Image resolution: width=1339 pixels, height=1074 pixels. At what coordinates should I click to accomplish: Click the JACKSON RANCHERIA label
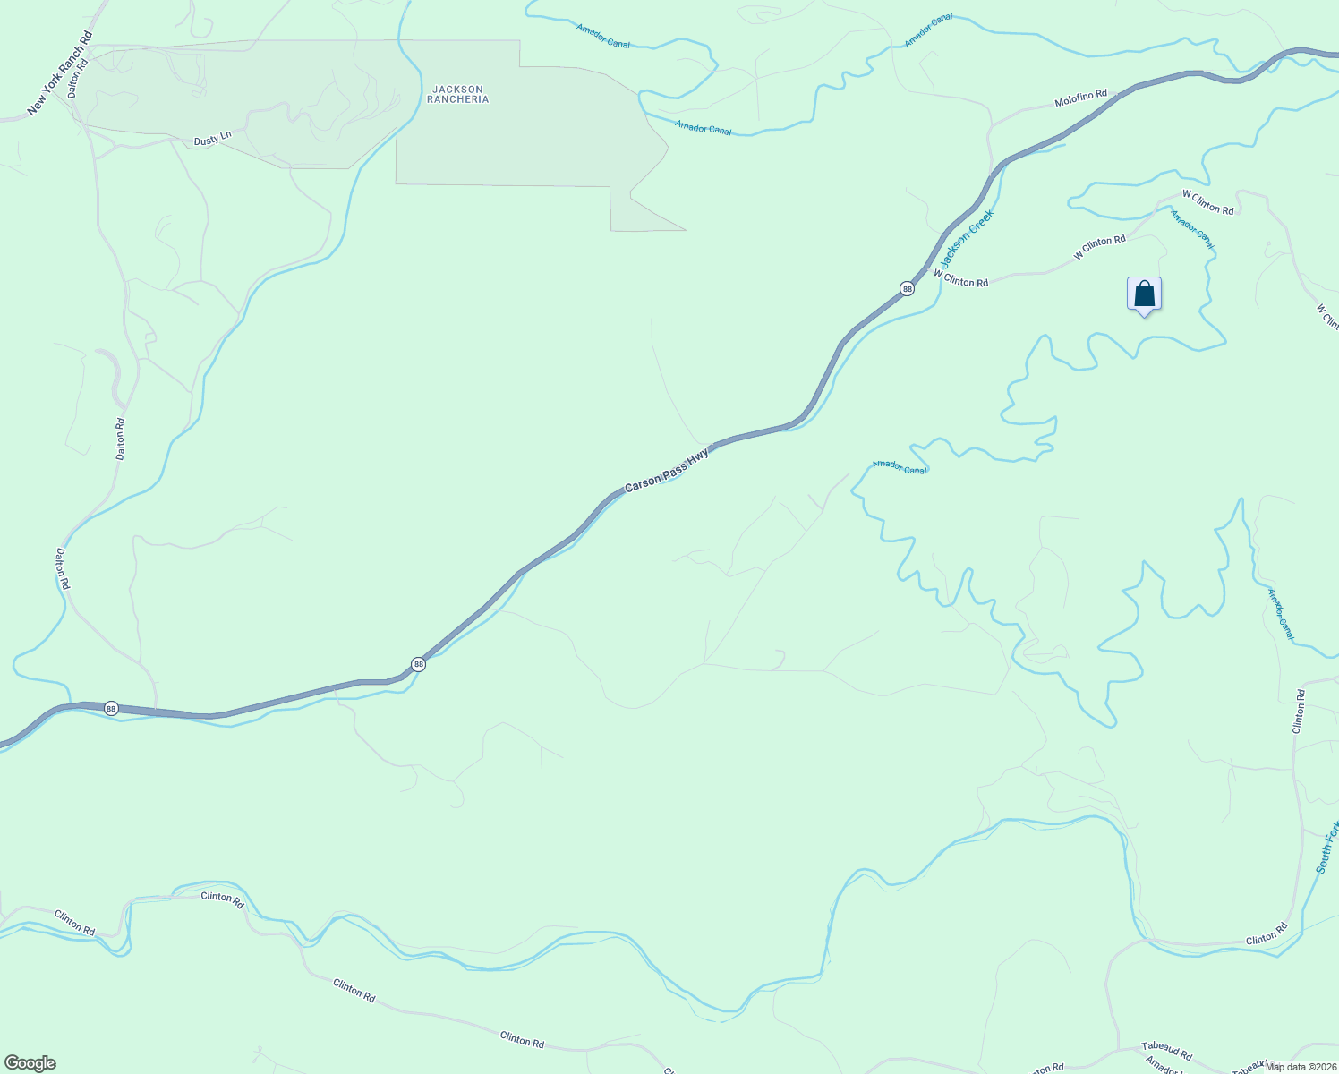pyautogui.click(x=457, y=94)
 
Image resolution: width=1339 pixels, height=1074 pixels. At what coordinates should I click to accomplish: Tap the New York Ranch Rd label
pyautogui.click(x=60, y=73)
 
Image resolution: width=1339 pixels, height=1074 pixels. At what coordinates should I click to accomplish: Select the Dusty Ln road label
pyautogui.click(x=212, y=139)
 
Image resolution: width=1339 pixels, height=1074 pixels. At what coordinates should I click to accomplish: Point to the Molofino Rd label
pyautogui.click(x=1080, y=98)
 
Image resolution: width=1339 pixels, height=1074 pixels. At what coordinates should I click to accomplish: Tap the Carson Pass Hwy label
pyautogui.click(x=667, y=471)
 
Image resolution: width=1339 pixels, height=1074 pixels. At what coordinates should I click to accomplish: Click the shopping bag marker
pyautogui.click(x=1144, y=294)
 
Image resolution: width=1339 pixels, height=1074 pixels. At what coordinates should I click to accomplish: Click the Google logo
pyautogui.click(x=30, y=1063)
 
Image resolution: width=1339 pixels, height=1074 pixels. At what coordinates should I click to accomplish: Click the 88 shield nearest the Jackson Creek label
pyautogui.click(x=907, y=288)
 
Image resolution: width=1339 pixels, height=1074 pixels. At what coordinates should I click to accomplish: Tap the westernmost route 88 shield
pyautogui.click(x=111, y=708)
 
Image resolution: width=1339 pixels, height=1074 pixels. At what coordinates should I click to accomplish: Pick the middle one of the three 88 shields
pyautogui.click(x=418, y=664)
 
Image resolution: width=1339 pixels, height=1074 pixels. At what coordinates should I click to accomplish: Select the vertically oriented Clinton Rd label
pyautogui.click(x=1299, y=712)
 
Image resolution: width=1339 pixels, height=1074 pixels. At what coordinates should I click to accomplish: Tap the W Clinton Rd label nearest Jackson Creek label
pyautogui.click(x=960, y=278)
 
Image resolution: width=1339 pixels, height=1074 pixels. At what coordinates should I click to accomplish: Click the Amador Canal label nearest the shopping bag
pyautogui.click(x=1192, y=229)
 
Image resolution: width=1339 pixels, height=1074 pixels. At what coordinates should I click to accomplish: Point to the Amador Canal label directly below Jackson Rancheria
pyautogui.click(x=703, y=129)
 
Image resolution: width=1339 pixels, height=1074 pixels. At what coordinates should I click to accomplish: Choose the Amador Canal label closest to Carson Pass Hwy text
pyautogui.click(x=899, y=466)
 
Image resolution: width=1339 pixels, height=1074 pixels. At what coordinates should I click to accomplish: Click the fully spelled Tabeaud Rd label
pyautogui.click(x=1166, y=1052)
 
